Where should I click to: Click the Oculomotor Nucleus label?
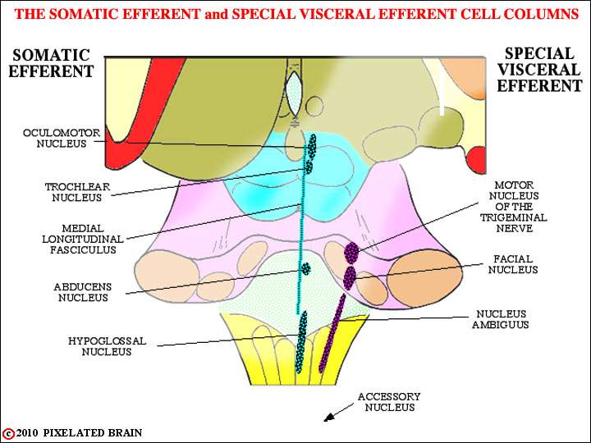[62, 139]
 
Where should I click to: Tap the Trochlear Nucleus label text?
[77, 192]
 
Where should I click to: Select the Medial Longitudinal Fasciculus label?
[83, 239]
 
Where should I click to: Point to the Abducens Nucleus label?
[83, 292]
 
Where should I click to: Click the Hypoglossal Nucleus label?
[107, 346]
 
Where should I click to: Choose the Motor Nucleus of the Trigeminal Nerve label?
[514, 207]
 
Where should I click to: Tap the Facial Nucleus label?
[513, 264]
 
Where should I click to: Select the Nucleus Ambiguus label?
[501, 319]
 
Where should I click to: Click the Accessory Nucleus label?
[389, 401]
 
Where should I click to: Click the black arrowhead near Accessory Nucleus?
[329, 417]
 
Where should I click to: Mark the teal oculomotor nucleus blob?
[312, 145]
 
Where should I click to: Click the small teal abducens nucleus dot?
[305, 268]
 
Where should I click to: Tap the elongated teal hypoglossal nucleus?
[301, 342]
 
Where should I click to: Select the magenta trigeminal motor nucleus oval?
[351, 253]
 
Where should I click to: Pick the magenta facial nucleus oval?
[350, 278]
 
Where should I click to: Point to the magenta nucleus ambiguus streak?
[332, 333]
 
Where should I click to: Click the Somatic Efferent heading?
[51, 63]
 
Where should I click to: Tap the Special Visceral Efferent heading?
[539, 70]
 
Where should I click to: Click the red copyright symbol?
[8, 434]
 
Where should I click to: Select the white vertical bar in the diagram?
[442, 92]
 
